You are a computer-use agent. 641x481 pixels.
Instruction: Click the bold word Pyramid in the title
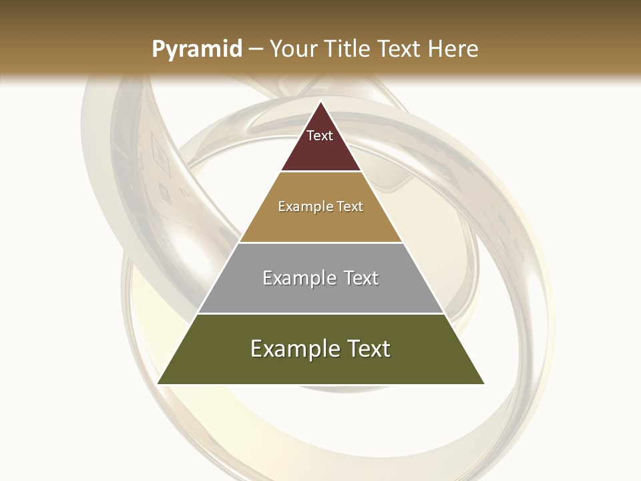pyautogui.click(x=196, y=49)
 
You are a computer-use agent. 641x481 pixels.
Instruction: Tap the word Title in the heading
pyautogui.click(x=347, y=49)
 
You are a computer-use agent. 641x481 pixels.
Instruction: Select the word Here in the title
pyautogui.click(x=453, y=49)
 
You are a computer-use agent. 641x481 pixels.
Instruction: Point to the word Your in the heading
pyautogui.click(x=292, y=49)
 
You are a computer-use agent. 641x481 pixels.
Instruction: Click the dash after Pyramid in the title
pyautogui.click(x=256, y=50)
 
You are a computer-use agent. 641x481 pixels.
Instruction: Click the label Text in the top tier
pyautogui.click(x=320, y=136)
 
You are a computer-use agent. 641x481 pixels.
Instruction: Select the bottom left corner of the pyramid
pyautogui.click(x=158, y=383)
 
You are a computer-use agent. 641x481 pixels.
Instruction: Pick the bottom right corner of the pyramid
pyautogui.click(x=484, y=383)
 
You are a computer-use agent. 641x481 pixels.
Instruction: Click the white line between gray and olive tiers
pyautogui.click(x=320, y=313)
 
